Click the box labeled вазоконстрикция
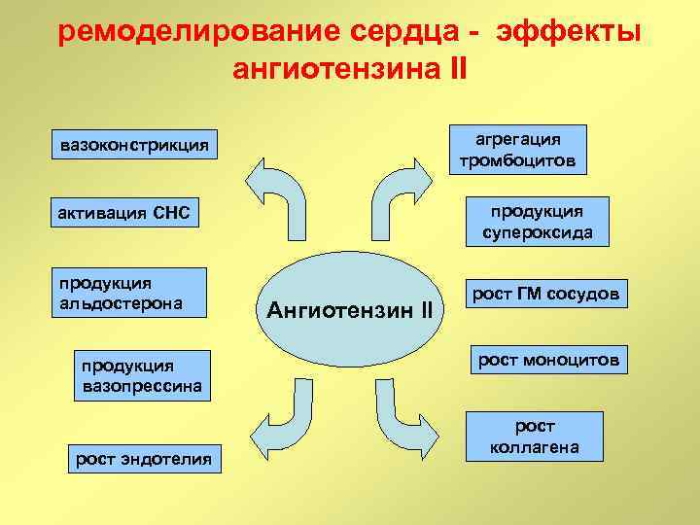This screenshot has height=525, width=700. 135,146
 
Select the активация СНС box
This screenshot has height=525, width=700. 125,212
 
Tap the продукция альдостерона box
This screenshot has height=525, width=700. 132,293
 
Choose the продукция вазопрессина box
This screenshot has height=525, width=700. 142,375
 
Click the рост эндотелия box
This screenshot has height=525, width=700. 144,459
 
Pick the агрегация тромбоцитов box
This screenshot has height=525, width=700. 517,148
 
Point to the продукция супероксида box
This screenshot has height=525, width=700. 537,222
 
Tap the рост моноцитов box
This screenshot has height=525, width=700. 547,361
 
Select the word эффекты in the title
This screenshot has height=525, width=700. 569,32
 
